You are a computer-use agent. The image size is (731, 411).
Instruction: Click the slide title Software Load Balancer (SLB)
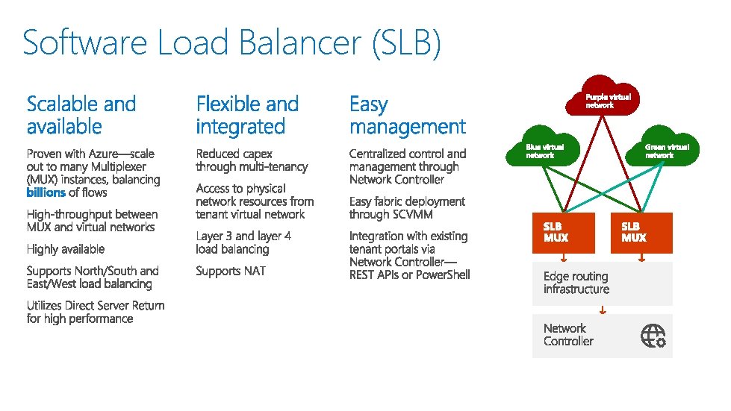(x=231, y=43)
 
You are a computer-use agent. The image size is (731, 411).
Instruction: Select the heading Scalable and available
(x=81, y=115)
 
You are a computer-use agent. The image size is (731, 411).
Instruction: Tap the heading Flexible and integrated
(x=247, y=115)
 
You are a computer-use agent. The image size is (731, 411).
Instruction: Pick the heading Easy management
(x=407, y=115)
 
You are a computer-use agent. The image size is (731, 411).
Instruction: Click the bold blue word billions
(x=46, y=192)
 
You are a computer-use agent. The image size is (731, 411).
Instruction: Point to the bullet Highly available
(x=66, y=249)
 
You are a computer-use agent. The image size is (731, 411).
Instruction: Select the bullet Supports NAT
(x=231, y=271)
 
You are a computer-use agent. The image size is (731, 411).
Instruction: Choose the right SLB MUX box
(x=647, y=233)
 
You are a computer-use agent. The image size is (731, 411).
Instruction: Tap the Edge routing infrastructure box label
(x=576, y=283)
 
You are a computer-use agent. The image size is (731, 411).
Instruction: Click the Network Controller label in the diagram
(x=568, y=335)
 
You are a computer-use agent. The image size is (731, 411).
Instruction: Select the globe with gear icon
(x=653, y=336)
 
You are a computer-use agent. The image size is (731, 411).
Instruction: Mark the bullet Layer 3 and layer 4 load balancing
(x=243, y=242)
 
